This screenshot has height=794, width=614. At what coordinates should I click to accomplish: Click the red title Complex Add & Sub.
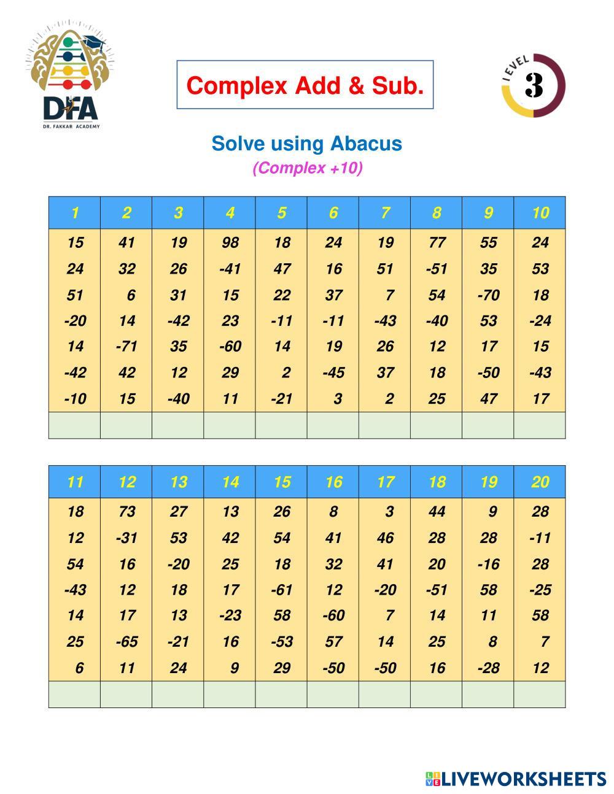pos(305,85)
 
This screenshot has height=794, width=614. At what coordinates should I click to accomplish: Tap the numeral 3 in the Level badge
pos(534,85)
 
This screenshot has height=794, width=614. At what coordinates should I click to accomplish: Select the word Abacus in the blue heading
pos(366,144)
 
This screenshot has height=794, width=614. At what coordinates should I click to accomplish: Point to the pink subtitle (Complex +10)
pos(307,168)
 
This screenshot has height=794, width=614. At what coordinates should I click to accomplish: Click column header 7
pos(385,213)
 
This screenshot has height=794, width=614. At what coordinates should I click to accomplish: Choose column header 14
pos(230,482)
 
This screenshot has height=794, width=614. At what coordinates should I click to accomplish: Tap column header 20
pos(540,482)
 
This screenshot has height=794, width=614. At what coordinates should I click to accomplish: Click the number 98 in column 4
pos(230,242)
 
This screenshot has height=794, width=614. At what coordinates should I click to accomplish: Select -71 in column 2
pos(126,346)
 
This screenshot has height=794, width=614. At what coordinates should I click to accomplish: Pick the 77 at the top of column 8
pos(437,242)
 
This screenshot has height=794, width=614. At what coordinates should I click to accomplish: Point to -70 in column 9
pos(488,295)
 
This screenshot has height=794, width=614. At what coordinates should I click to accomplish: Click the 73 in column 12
pos(126,511)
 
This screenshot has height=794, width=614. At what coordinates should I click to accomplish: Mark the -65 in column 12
pos(126,642)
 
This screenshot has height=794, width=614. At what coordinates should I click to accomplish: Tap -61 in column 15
pos(281,590)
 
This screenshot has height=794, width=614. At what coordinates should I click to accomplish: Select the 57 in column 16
pos(333,642)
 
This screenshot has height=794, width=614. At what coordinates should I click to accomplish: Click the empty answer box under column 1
pos(74,425)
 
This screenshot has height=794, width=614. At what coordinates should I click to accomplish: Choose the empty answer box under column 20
pos(540,694)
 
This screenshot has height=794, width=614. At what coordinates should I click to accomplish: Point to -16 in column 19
pos(488,564)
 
